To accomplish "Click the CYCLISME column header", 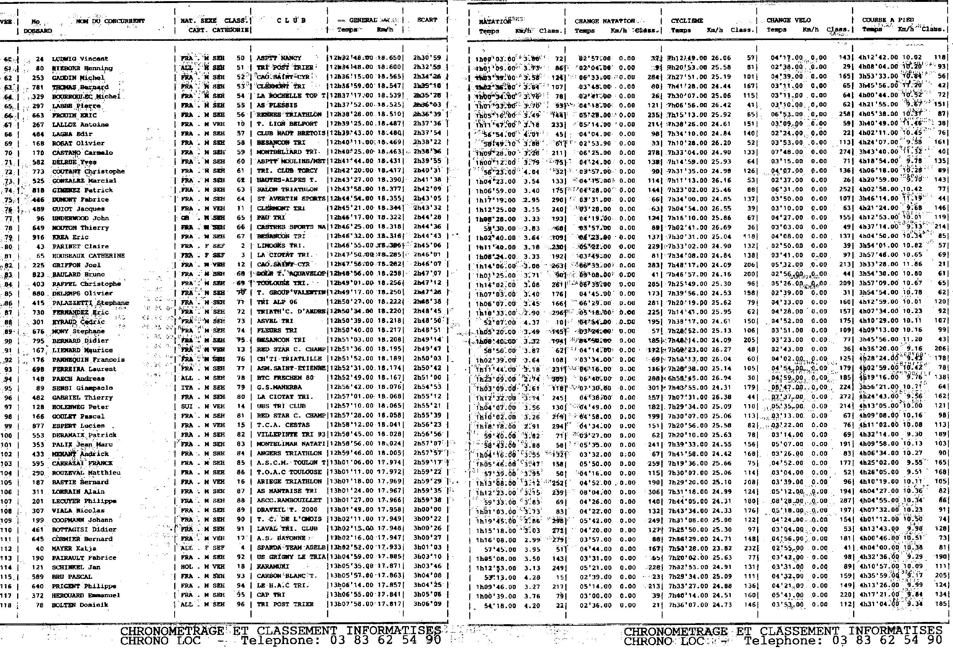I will coord(687,21).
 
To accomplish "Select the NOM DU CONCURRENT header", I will coord(110,21).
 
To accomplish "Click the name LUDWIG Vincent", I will coord(80,59).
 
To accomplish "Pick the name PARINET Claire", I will coord(80,246).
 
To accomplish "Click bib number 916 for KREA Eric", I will coord(38,237).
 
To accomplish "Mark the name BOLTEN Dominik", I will coord(80,605).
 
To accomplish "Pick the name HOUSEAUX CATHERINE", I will coord(88,255).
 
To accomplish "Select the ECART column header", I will coord(427,20).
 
